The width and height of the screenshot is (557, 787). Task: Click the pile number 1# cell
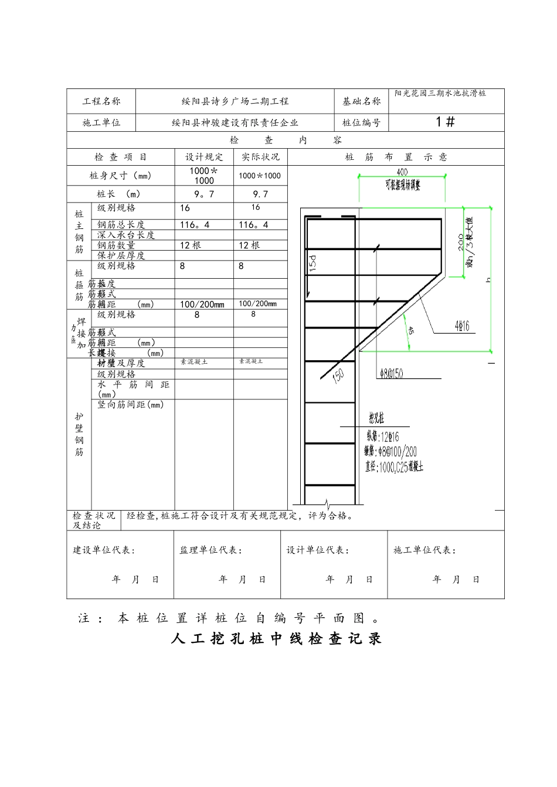tap(446, 122)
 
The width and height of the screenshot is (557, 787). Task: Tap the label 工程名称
tap(101, 101)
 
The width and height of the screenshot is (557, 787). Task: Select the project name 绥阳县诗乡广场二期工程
tap(235, 101)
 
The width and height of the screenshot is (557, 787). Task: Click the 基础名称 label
tap(362, 101)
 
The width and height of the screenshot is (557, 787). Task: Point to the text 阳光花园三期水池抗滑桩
tap(440, 93)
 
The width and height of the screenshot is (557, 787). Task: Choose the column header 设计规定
tap(204, 157)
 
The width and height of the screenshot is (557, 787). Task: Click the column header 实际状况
tap(261, 157)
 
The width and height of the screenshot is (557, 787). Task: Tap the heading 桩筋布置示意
tap(396, 157)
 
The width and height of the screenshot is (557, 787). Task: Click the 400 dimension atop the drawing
tap(402, 172)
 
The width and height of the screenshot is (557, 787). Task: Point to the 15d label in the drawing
tap(313, 263)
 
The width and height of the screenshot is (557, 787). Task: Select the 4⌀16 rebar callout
tap(463, 326)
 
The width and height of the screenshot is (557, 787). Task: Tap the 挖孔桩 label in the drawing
tap(376, 418)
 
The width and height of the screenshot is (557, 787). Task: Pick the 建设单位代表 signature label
tap(104, 550)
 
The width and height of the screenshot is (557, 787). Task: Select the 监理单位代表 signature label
tap(210, 550)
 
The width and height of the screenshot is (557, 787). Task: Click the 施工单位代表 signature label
tap(424, 550)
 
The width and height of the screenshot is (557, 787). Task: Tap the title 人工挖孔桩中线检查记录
tap(276, 639)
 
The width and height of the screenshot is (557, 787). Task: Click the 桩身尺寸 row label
tap(120, 176)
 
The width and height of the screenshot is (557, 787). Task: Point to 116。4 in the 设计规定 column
tap(195, 225)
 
